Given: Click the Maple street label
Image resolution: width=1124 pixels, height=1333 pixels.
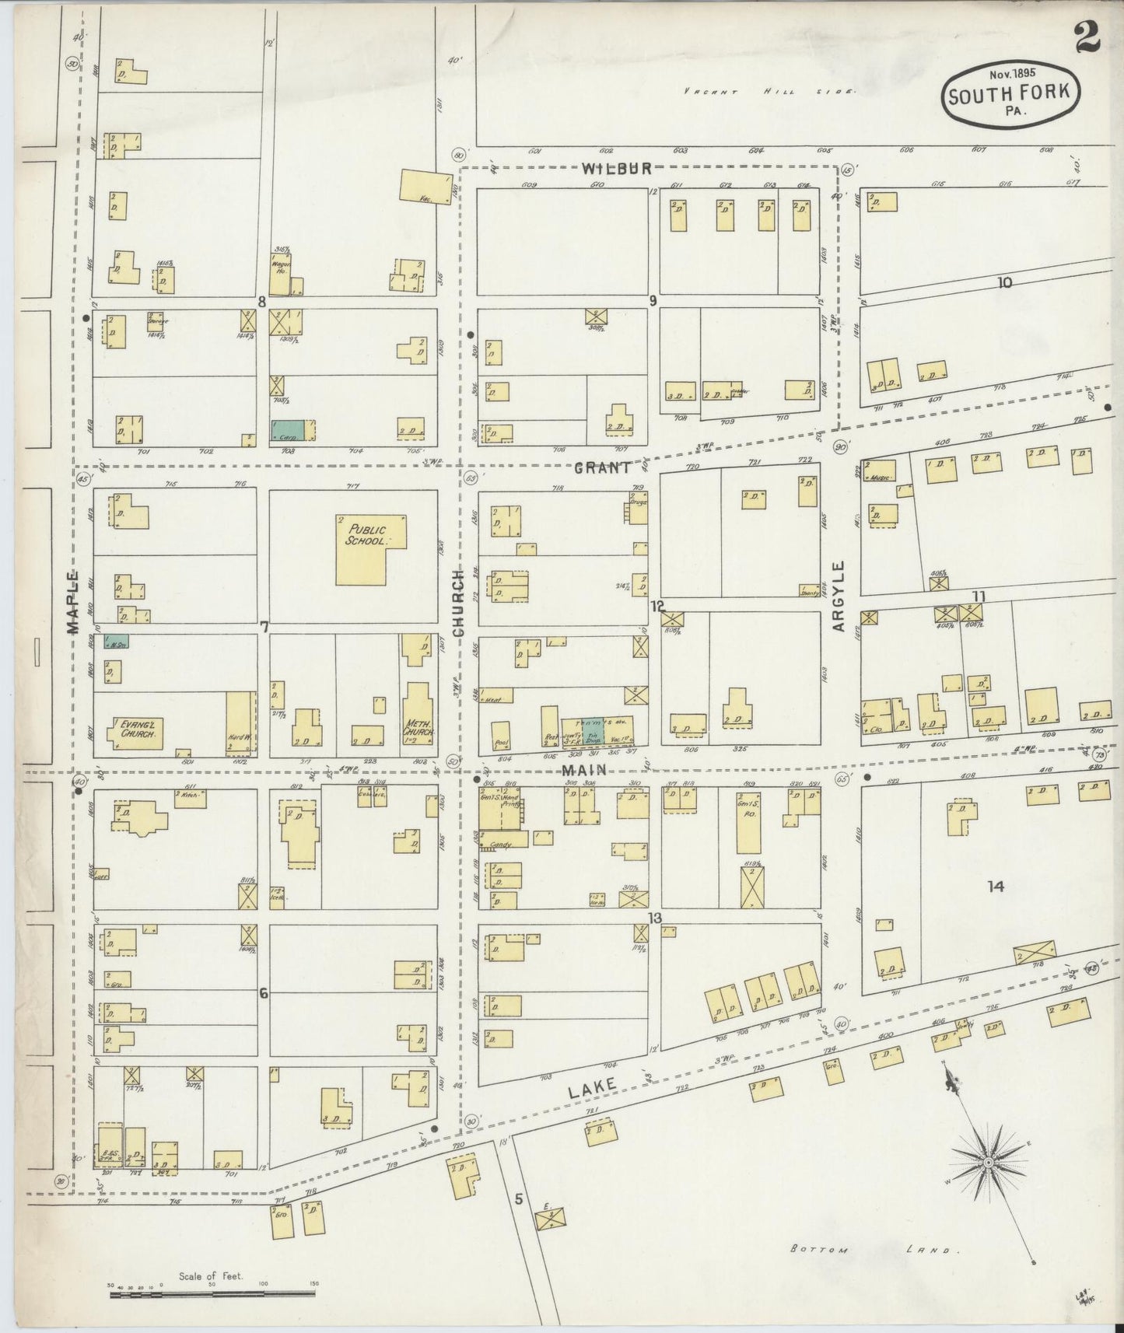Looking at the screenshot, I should click(x=73, y=603).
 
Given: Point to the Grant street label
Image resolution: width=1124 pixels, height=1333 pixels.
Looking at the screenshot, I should click(x=603, y=468).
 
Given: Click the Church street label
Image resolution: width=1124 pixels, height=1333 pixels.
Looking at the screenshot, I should click(x=458, y=603).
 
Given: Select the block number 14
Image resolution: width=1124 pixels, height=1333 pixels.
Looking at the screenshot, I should click(x=996, y=886).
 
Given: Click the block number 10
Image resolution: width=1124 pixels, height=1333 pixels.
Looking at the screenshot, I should click(x=1005, y=283).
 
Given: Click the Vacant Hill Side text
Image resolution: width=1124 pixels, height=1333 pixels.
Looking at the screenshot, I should click(x=769, y=91).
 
